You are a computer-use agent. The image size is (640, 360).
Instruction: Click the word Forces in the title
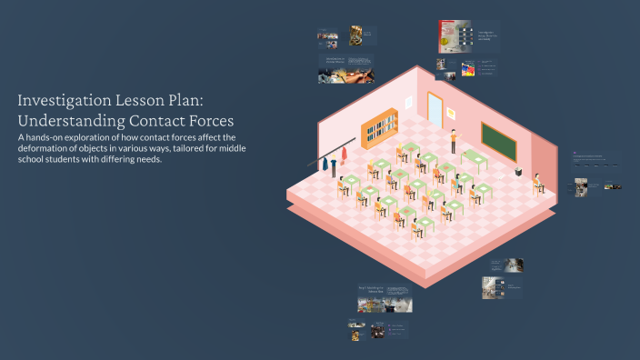(206, 120)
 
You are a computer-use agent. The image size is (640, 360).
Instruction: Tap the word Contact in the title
(146, 120)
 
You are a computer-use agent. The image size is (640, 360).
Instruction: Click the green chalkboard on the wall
(498, 140)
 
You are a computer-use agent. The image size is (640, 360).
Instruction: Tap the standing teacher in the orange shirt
(454, 139)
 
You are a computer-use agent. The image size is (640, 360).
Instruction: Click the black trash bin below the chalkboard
(518, 171)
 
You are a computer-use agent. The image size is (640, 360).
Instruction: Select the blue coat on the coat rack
(322, 164)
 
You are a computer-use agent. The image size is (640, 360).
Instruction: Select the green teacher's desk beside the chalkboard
(475, 160)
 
